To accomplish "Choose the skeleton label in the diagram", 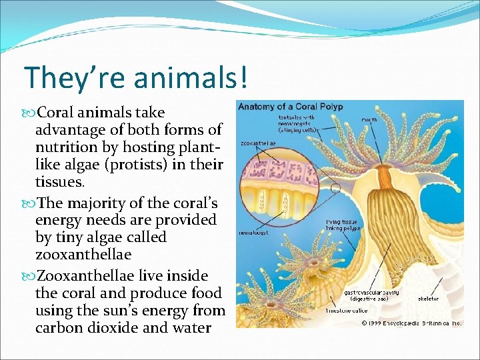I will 429,299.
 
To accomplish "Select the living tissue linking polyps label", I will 343,224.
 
